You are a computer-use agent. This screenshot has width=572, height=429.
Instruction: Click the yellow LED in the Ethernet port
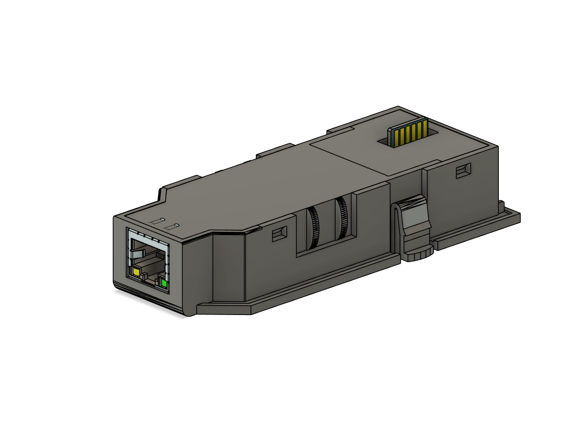point(136,272)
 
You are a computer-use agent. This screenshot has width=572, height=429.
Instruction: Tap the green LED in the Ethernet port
point(164,284)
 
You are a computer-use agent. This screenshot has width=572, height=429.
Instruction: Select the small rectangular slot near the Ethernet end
point(279,233)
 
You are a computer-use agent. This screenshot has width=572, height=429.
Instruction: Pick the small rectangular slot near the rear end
point(463,171)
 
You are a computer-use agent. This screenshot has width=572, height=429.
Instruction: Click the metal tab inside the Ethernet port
point(137,255)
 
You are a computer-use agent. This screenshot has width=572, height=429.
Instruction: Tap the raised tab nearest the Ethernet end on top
point(179,183)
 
